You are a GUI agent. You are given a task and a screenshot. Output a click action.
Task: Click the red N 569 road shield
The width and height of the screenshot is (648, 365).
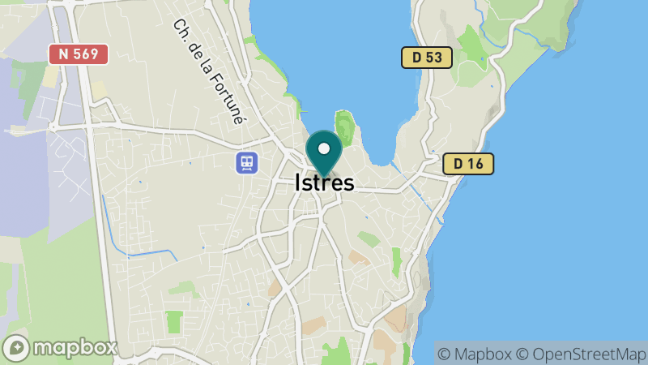point(79,54)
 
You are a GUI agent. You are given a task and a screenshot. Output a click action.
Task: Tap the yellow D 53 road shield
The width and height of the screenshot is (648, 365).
point(427,58)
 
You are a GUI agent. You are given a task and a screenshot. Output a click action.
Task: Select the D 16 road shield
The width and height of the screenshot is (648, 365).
point(468,164)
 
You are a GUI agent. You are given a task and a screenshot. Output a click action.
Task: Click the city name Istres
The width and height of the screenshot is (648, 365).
point(324,182)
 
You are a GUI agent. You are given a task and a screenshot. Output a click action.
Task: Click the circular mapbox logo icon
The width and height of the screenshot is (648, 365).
point(16,348)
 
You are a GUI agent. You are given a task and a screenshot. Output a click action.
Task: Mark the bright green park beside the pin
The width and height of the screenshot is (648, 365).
point(346,127)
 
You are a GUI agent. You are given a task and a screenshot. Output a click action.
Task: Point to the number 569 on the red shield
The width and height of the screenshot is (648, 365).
point(87,54)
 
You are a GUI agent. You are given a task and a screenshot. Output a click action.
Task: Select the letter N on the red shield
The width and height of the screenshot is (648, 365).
point(62,54)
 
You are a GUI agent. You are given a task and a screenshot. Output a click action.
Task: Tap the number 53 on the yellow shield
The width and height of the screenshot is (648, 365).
point(434,58)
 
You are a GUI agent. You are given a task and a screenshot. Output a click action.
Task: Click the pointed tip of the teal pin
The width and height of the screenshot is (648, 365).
point(324,176)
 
